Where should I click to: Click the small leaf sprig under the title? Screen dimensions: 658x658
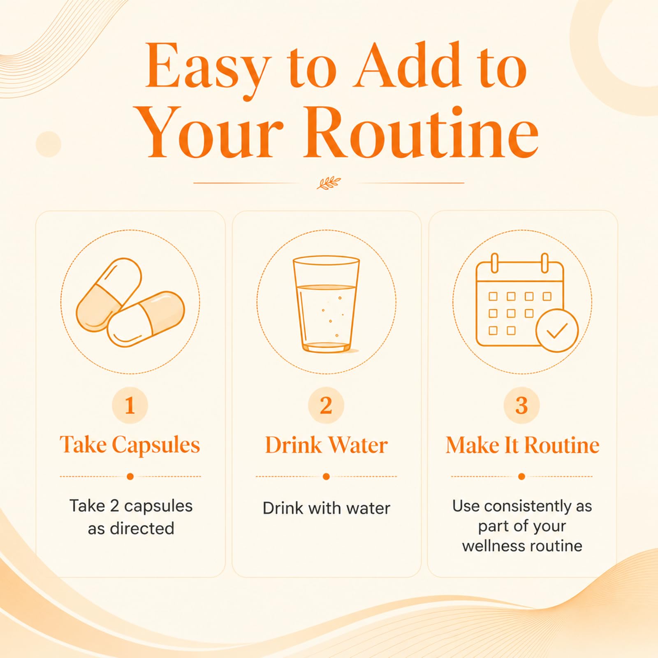(329, 183)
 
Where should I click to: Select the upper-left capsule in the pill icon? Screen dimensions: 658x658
(109, 294)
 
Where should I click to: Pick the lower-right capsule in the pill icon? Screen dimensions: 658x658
(146, 319)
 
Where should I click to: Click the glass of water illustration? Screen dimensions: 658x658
(327, 304)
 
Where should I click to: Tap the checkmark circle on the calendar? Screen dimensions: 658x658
(557, 331)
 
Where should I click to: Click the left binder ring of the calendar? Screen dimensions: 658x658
(495, 263)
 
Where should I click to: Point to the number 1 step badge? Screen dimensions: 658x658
(130, 405)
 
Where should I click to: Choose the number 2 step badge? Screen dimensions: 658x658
(326, 405)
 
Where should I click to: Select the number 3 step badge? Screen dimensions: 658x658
(521, 405)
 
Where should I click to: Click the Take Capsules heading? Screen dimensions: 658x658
(130, 445)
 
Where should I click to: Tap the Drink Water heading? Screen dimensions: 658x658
(326, 445)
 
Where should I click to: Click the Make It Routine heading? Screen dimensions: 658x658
(522, 445)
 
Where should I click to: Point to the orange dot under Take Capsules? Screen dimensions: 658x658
(130, 477)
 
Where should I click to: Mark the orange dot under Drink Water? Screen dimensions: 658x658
(326, 477)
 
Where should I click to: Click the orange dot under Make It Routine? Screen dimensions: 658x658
(521, 477)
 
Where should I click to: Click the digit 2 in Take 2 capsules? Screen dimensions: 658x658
(115, 506)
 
